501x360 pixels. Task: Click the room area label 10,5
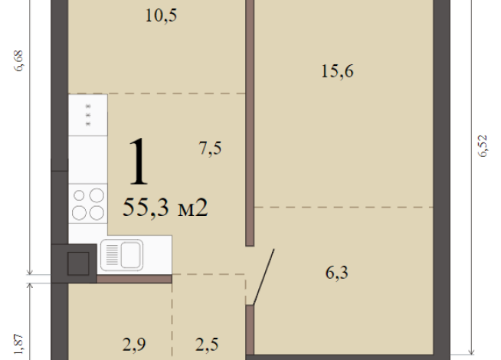coord(161,15)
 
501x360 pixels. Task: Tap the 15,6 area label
coord(337,71)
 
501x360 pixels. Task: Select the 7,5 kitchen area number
coord(210,149)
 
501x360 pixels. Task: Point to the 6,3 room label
coord(337,273)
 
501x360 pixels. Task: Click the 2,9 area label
coord(134,345)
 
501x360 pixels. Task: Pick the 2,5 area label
coord(207,345)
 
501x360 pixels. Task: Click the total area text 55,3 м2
coord(165,208)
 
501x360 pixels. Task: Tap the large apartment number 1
coord(139,162)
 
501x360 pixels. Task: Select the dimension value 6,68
coord(18,61)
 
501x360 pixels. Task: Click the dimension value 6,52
coord(483,146)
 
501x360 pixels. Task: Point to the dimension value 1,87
coord(19,345)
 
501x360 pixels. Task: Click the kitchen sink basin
coord(130,255)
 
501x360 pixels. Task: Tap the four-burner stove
coord(88,204)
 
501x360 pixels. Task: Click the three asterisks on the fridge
coord(88,115)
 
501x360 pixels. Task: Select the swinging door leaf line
coord(264,277)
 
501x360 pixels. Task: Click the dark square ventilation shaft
coord(78,263)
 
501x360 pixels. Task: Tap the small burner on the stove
coord(79,195)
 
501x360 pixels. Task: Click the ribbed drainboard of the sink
coord(112,255)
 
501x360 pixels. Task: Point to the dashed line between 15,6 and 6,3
coord(343,207)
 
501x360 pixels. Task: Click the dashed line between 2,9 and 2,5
coord(172,316)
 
